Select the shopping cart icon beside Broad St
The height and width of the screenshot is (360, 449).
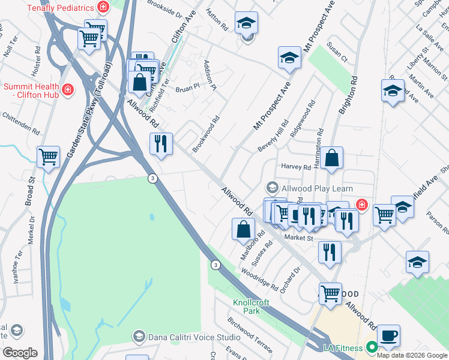pos(48,157)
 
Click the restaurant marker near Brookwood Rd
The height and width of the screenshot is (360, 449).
pos(160,144)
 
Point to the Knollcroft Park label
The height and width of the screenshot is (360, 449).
pos(252,306)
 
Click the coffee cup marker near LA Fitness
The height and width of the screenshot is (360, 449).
pos(388,335)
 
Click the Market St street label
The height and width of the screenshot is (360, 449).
pos(299,238)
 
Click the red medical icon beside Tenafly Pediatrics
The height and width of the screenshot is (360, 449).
pos(103,8)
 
